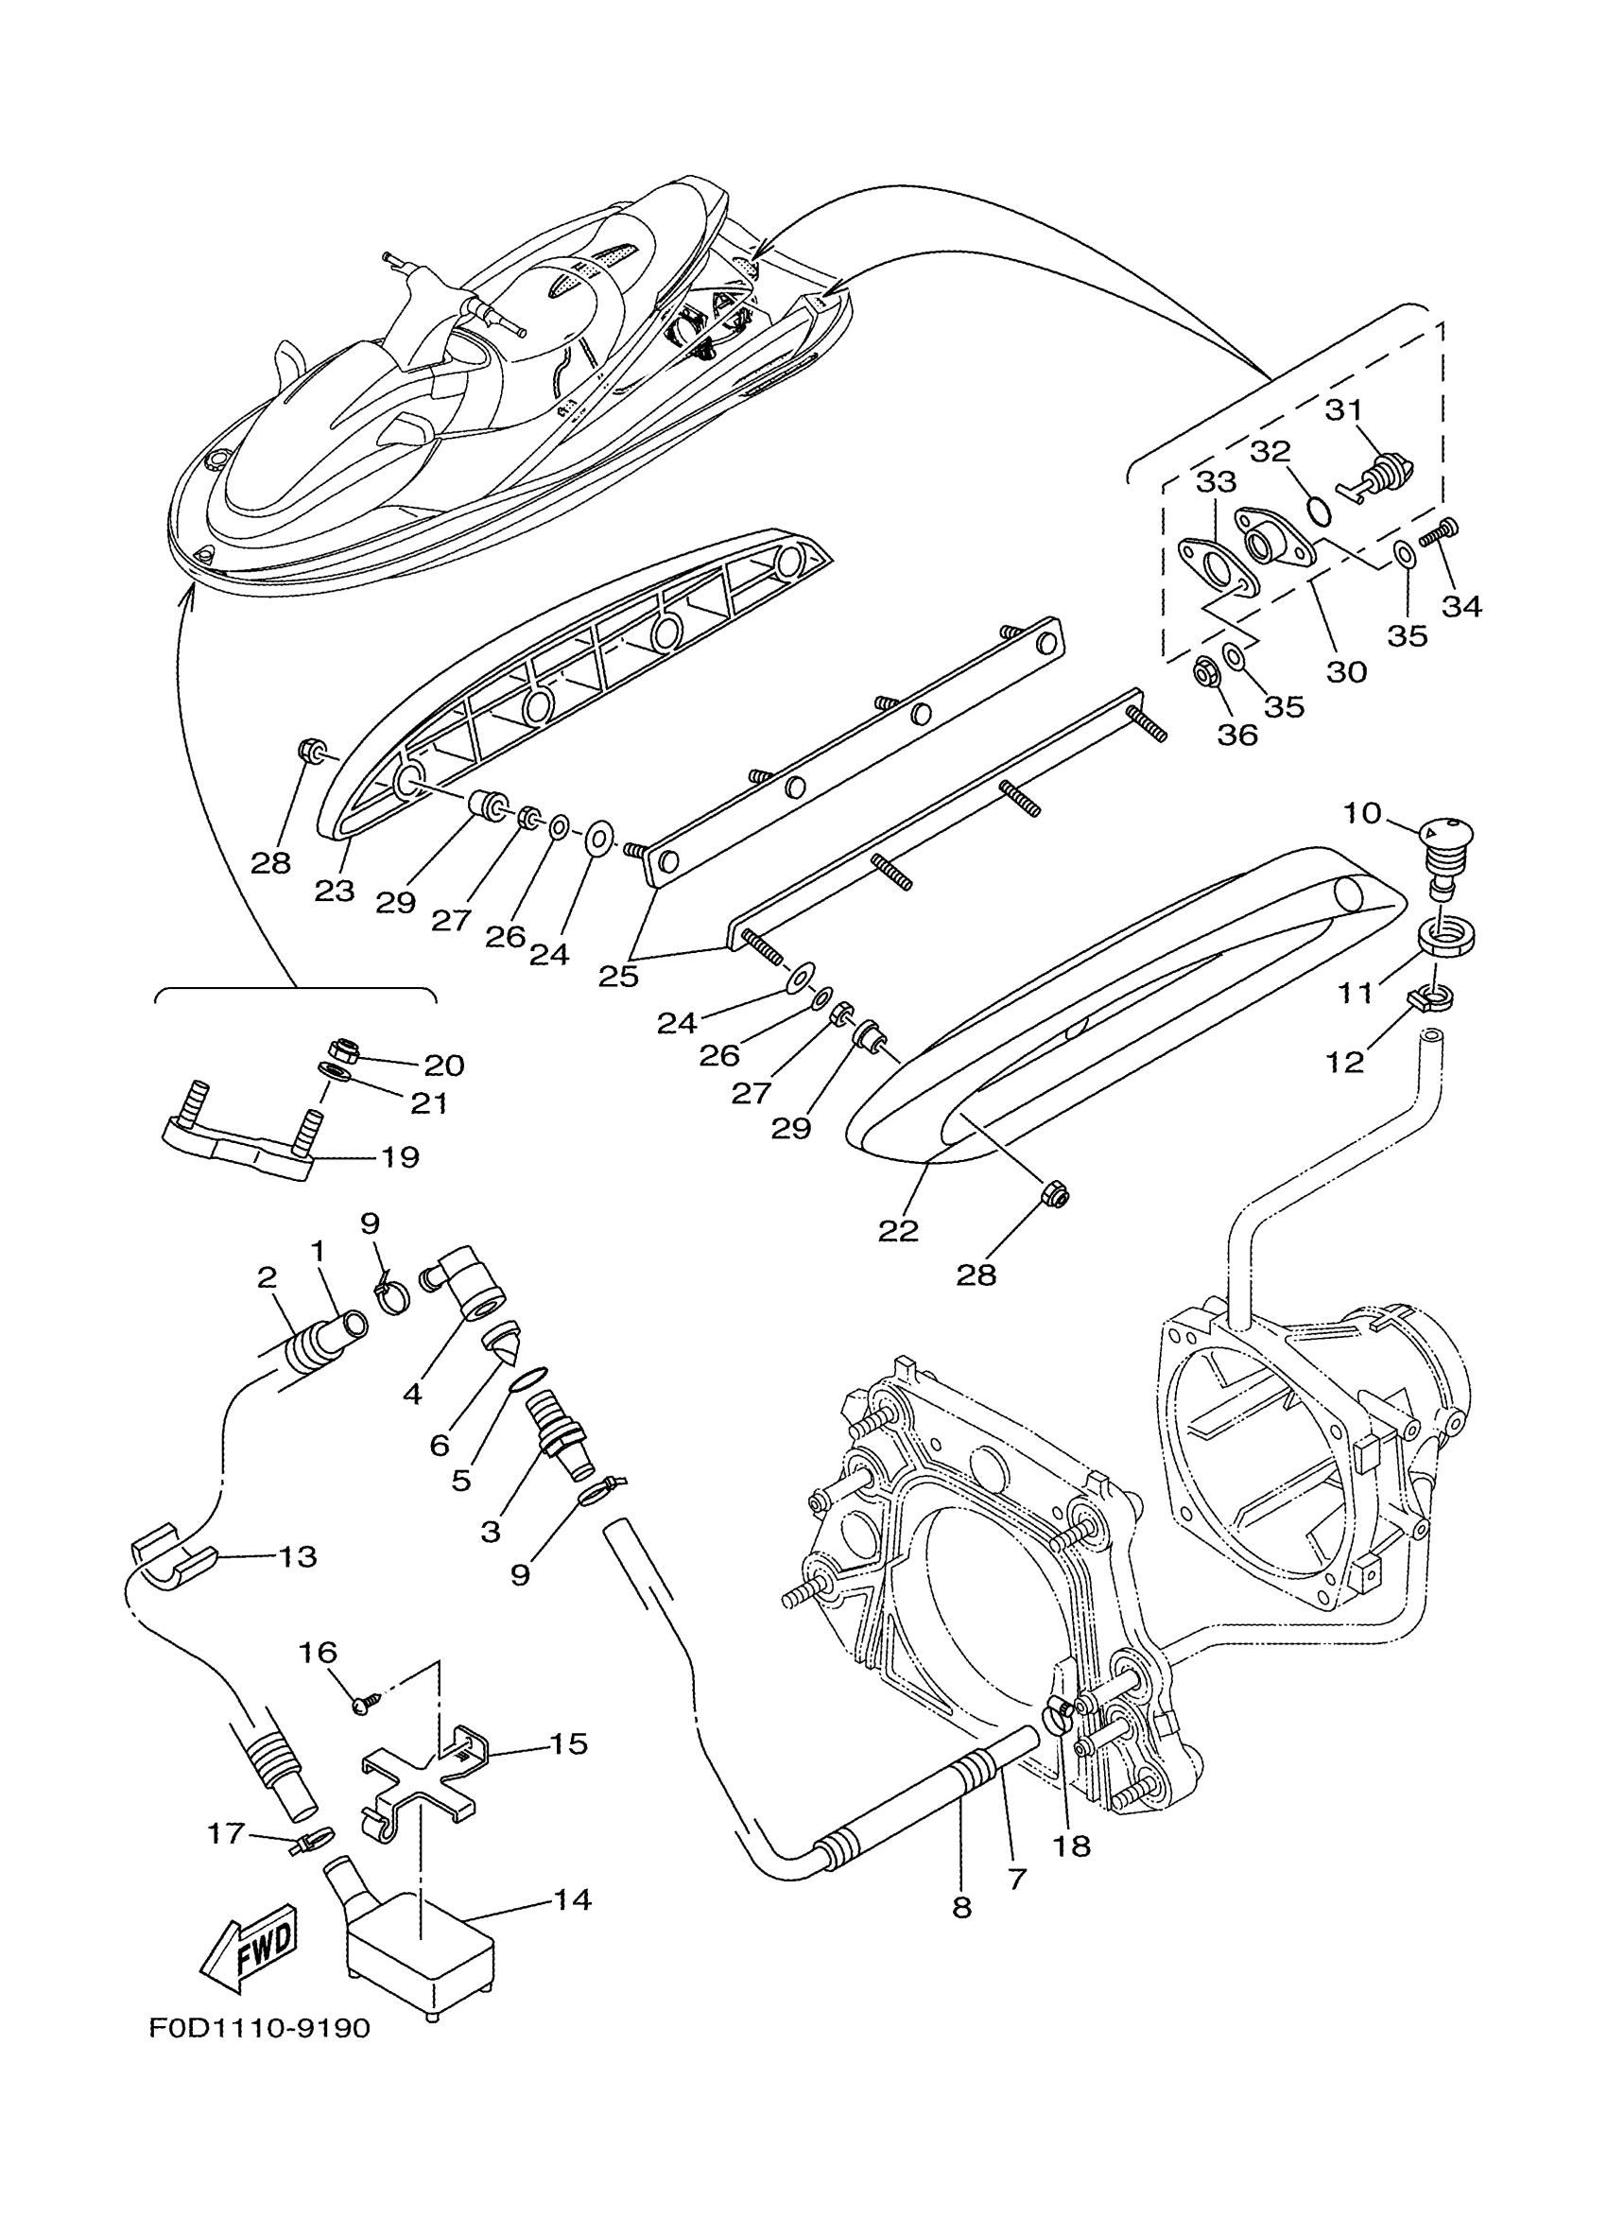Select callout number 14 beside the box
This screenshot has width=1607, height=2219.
pyautogui.click(x=572, y=1899)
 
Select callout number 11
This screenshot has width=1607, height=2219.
pyautogui.click(x=1356, y=993)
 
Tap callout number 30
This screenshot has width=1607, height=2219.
pyautogui.click(x=1346, y=671)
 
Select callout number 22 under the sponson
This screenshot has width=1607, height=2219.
pyautogui.click(x=898, y=1230)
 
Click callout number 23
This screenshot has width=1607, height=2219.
pyautogui.click(x=334, y=891)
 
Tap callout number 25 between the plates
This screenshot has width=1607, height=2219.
pyautogui.click(x=618, y=976)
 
